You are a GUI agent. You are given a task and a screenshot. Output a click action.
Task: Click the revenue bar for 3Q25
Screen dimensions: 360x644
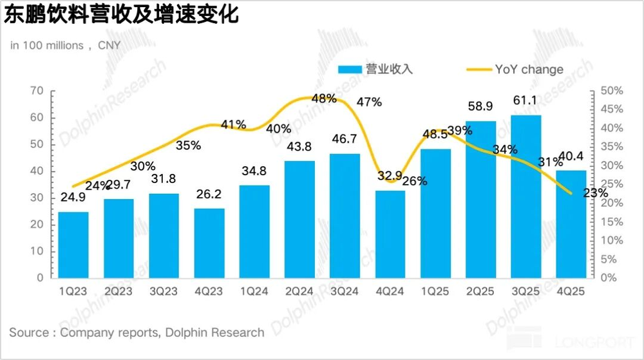[x=526, y=196]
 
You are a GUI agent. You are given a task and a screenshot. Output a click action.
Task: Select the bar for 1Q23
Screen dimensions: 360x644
[x=73, y=245]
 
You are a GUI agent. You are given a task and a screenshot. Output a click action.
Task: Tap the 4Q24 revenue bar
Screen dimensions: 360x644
[x=390, y=234]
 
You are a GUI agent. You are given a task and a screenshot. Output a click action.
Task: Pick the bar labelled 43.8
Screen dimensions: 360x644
[x=299, y=219]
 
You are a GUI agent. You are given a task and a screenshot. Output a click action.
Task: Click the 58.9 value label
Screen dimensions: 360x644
[x=481, y=106]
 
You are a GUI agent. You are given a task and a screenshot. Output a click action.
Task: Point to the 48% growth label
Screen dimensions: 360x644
[x=323, y=99]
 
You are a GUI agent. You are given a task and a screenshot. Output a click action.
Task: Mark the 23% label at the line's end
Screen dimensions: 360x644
[x=596, y=193]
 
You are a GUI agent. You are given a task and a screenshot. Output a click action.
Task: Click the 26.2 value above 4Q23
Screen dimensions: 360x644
[x=209, y=194]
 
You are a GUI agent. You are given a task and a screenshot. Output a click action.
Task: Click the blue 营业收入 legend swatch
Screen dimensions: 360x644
[x=351, y=70]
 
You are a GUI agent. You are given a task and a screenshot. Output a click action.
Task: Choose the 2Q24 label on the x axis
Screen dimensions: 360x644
[x=299, y=292]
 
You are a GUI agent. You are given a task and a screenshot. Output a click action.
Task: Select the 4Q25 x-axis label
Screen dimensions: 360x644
[x=571, y=292]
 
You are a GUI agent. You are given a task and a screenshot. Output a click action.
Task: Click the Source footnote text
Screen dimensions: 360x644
[x=137, y=333]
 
